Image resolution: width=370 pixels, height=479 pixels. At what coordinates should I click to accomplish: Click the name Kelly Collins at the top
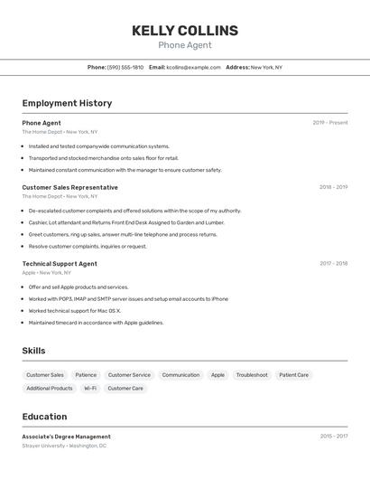(x=185, y=31)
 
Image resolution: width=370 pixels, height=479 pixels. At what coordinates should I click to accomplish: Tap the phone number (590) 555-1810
(x=125, y=67)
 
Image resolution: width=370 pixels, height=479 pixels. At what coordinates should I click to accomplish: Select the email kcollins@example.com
(x=193, y=67)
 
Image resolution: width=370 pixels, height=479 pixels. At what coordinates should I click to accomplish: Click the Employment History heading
(x=67, y=103)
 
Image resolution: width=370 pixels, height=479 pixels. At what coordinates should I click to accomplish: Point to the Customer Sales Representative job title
(x=69, y=187)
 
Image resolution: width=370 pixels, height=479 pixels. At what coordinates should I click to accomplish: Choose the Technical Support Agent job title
(x=60, y=264)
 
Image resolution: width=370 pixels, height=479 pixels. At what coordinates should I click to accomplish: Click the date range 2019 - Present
(x=330, y=123)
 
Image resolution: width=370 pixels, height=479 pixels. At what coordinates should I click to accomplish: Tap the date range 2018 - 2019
(x=333, y=187)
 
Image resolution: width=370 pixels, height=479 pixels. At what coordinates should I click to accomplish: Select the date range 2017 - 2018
(x=333, y=264)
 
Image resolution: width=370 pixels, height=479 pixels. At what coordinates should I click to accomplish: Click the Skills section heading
(x=33, y=351)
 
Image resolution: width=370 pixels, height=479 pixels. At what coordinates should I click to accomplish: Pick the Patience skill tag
(x=86, y=375)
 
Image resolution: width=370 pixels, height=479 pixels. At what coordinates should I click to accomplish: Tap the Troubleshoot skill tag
(x=252, y=375)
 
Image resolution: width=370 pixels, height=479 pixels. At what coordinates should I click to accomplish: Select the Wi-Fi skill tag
(x=90, y=389)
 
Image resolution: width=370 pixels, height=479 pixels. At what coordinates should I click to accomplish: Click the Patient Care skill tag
(x=293, y=375)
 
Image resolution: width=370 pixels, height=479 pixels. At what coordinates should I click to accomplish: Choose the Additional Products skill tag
(x=50, y=389)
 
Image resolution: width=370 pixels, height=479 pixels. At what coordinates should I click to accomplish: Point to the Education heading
(x=44, y=417)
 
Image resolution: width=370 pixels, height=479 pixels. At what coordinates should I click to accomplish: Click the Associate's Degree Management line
(x=66, y=437)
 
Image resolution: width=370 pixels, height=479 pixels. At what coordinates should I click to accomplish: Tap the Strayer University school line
(x=64, y=446)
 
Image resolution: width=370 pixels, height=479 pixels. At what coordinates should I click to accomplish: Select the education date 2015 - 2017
(x=333, y=437)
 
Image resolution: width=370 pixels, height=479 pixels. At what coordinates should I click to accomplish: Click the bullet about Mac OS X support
(x=74, y=311)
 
